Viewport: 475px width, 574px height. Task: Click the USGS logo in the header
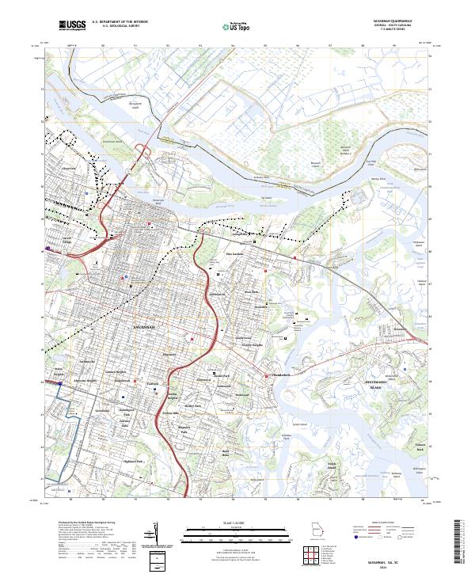[72, 25]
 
